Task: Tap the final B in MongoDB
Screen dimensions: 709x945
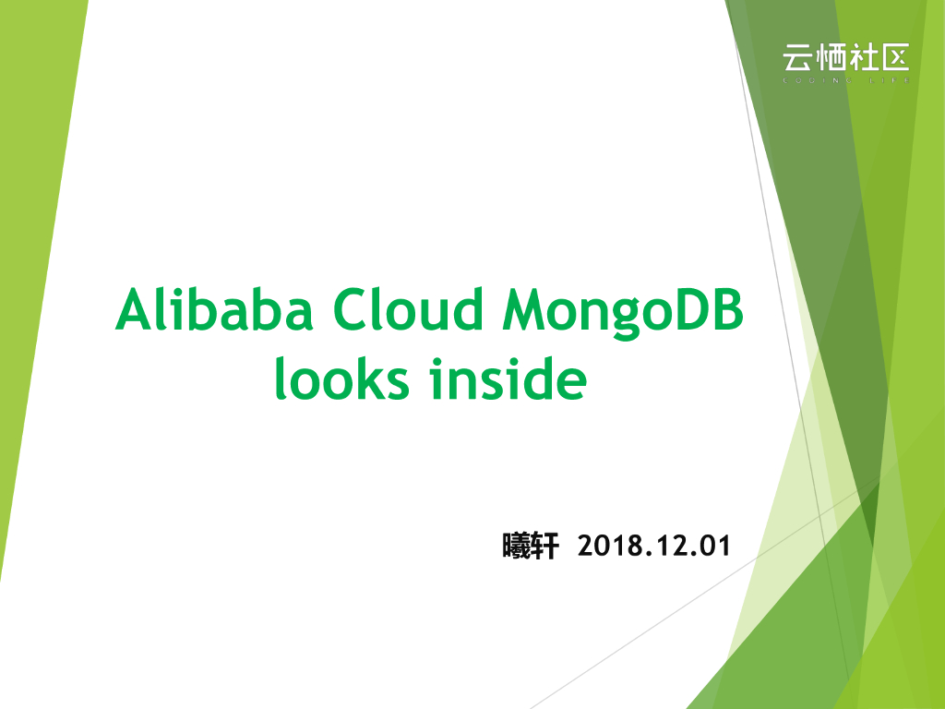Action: point(727,310)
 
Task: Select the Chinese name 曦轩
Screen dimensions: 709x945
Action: point(531,547)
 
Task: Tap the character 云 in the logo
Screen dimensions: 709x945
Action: point(797,58)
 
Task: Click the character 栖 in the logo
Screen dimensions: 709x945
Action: point(830,58)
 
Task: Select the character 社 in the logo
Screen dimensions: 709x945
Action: point(862,58)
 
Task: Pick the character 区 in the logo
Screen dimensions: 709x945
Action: point(894,58)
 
